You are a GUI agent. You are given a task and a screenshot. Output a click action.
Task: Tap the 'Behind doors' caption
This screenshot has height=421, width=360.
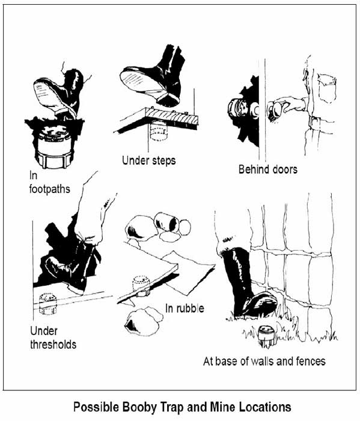(x=267, y=170)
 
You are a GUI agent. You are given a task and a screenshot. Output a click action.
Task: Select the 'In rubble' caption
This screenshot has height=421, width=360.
(x=185, y=309)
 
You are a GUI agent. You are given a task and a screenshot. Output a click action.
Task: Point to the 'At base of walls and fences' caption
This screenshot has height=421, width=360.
(x=264, y=361)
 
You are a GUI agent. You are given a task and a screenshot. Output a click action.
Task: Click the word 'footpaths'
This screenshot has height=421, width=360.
(x=50, y=188)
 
